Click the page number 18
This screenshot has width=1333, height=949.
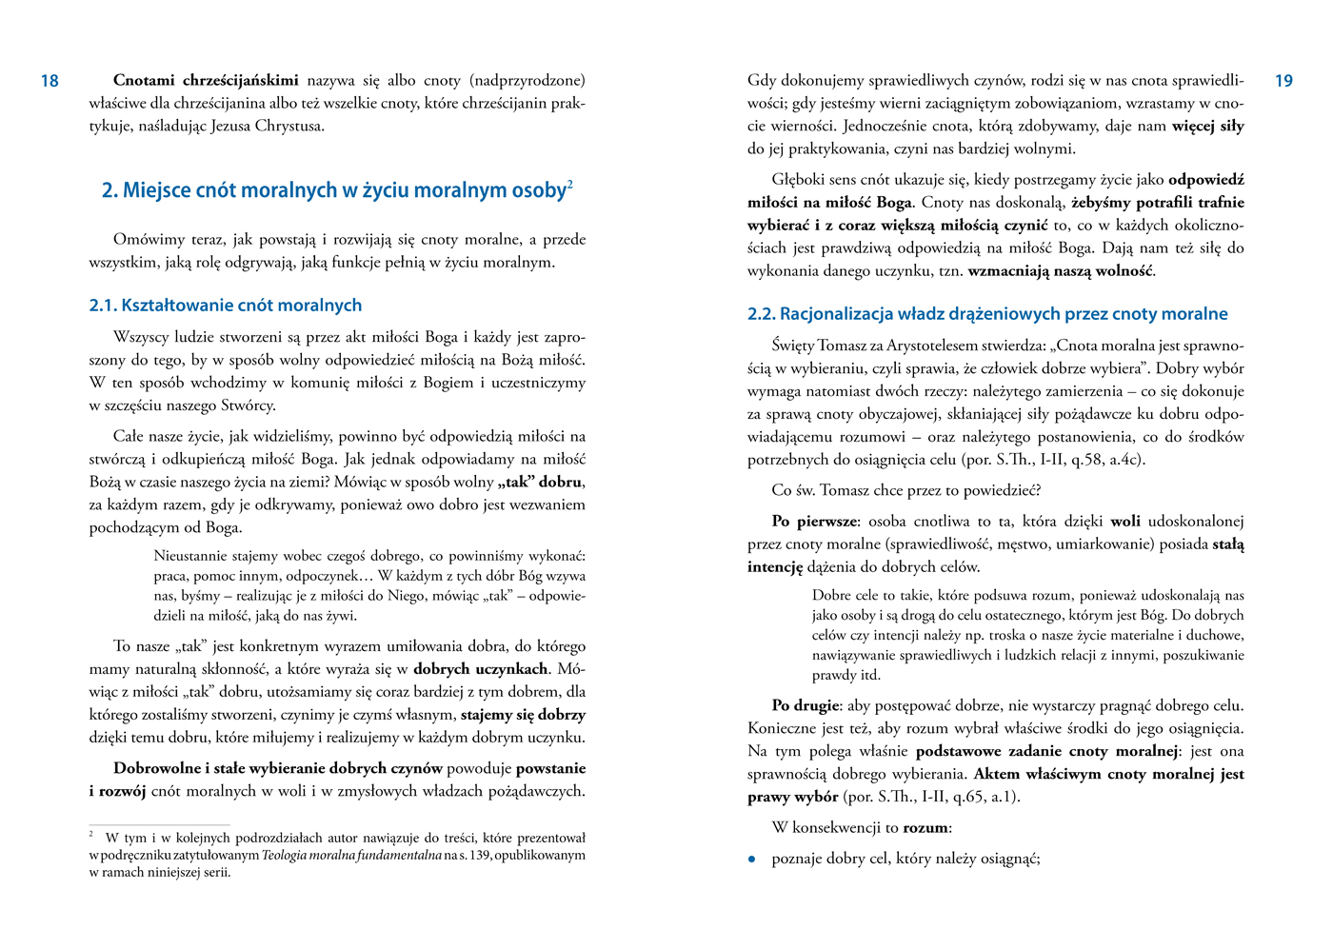tap(50, 81)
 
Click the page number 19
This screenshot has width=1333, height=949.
tap(1283, 81)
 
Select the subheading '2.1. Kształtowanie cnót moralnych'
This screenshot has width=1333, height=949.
tap(226, 306)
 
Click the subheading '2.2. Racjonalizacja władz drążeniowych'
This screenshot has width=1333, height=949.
tap(987, 314)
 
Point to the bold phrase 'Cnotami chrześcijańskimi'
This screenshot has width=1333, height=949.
tap(206, 80)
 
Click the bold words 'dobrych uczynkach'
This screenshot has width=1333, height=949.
tap(480, 669)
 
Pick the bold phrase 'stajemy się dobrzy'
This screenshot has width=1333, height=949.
tap(523, 715)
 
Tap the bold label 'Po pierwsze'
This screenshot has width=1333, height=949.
tap(815, 522)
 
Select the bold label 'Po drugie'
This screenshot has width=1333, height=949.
tap(806, 706)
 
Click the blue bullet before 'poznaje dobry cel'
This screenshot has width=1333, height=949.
tap(752, 860)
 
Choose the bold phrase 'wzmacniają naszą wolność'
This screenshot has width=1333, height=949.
tap(1061, 271)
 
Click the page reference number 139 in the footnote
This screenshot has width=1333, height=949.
tap(480, 856)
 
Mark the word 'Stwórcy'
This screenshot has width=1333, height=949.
tap(249, 406)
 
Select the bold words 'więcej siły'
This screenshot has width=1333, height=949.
tap(1207, 127)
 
